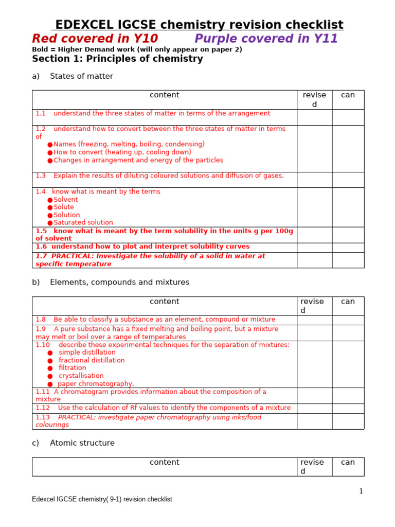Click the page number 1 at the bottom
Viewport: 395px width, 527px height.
point(361,491)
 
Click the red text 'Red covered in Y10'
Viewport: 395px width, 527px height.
point(95,39)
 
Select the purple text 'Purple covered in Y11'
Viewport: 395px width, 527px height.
point(266,39)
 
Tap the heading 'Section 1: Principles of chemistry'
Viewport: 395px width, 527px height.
point(117,59)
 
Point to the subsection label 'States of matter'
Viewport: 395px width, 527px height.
point(81,76)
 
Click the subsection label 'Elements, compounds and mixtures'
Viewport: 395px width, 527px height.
point(119,282)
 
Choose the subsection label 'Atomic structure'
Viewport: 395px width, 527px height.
point(82,443)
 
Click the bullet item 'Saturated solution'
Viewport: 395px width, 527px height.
point(83,222)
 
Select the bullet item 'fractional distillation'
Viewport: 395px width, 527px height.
point(92,360)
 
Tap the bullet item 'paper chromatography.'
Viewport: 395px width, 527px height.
point(96,383)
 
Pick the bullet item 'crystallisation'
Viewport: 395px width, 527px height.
point(81,376)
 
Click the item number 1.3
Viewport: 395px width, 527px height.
point(41,175)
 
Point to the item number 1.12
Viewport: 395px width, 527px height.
point(43,408)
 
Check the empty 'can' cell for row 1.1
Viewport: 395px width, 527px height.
point(348,117)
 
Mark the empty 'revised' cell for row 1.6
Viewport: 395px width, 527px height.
point(314,248)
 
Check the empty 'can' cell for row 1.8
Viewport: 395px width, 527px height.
point(348,320)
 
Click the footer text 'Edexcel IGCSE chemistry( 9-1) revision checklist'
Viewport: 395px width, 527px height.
point(102,499)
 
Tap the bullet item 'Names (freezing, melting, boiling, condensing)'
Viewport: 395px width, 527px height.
point(129,144)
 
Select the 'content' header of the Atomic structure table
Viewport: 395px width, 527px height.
point(165,462)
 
